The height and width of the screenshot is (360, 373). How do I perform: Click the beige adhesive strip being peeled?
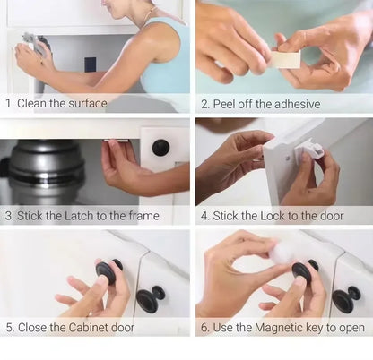285,59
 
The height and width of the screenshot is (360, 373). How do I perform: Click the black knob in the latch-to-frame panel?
160,148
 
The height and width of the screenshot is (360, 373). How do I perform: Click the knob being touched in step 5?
106,271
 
